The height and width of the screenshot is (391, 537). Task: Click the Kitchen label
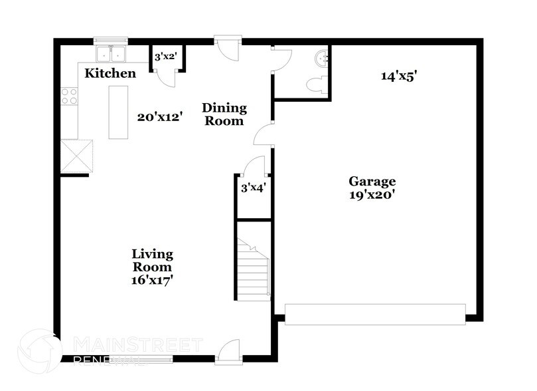110,73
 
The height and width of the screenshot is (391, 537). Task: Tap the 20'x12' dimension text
160,117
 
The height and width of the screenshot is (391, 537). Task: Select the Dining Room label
224,114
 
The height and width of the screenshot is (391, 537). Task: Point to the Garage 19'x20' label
372,188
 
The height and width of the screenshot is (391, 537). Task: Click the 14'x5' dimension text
398,76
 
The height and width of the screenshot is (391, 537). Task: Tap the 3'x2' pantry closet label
165,57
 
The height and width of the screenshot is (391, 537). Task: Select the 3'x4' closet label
253,188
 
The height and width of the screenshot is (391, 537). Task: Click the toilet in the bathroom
317,83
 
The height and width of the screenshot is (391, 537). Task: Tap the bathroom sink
323,58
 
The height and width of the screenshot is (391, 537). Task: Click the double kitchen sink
110,53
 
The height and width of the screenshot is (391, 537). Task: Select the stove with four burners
69,96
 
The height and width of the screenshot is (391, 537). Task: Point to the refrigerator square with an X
78,156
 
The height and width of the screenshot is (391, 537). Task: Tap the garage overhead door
375,313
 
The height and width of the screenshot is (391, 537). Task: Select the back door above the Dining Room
224,48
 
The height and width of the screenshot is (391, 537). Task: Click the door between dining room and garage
264,134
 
